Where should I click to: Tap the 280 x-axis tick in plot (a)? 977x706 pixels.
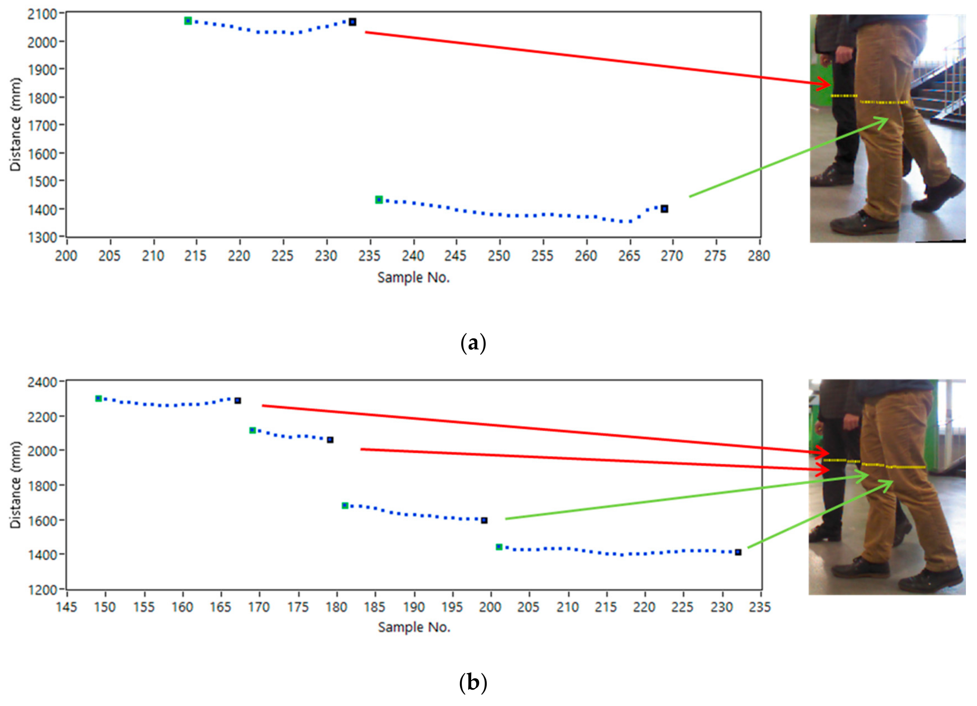tap(759, 256)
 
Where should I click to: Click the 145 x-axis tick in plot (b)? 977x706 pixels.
tap(67, 607)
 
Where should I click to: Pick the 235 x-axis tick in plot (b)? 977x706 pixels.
tap(760, 607)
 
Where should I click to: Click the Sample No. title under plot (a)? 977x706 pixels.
tap(414, 277)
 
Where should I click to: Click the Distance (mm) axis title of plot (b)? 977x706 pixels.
tap(16, 485)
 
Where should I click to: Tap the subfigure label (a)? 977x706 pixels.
tap(473, 344)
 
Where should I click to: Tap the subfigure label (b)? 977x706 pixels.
tap(473, 682)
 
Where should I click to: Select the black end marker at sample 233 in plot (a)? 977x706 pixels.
tap(352, 22)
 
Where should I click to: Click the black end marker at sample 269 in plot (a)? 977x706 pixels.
tap(664, 209)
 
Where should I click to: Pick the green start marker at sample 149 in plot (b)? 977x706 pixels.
tap(99, 399)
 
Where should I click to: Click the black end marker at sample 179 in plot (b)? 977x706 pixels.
tap(330, 440)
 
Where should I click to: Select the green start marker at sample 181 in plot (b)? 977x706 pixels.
tap(345, 505)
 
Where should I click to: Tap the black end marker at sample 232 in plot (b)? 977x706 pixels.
tap(738, 552)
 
